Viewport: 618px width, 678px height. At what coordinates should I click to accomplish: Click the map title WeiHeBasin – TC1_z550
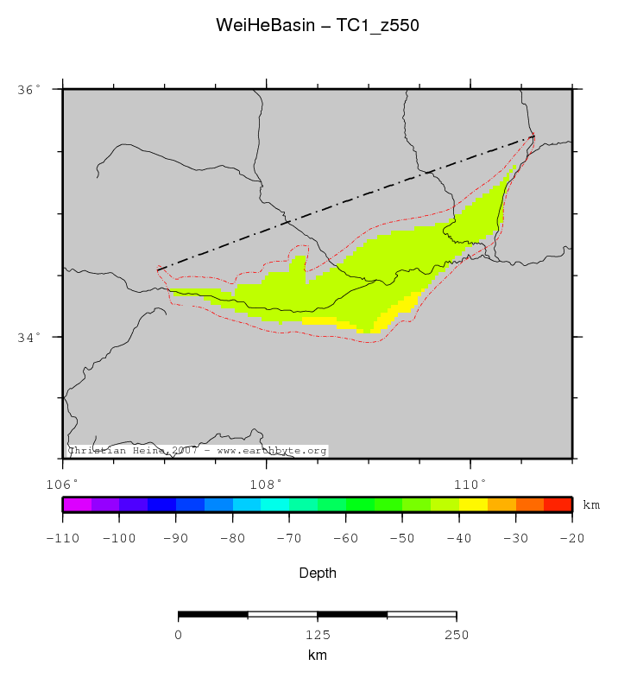[x=317, y=26]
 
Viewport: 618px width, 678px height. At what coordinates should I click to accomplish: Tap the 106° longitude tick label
[x=63, y=483]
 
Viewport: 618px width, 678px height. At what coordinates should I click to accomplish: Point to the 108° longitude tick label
[x=266, y=483]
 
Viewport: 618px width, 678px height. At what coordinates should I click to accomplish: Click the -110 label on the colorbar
[x=62, y=538]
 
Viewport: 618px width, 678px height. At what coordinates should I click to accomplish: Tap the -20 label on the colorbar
[x=571, y=538]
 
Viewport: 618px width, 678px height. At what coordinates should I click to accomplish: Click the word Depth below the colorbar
[x=317, y=573]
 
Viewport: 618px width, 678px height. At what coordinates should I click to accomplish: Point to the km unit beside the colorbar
[x=591, y=505]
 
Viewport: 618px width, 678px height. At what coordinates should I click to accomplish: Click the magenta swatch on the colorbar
[x=77, y=505]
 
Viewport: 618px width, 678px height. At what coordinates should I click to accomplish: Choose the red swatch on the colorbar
[x=558, y=505]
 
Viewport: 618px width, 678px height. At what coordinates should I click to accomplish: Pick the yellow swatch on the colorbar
[x=473, y=505]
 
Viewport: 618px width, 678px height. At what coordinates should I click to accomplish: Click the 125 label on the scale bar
[x=317, y=635]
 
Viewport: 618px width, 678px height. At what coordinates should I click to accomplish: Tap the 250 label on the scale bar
[x=456, y=635]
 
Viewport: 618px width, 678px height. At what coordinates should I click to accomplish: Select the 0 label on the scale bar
[x=178, y=635]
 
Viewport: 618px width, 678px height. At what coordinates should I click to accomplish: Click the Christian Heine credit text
[x=197, y=451]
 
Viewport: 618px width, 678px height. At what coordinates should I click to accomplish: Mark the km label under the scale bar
[x=317, y=656]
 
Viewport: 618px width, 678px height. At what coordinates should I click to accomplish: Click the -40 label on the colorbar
[x=458, y=538]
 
